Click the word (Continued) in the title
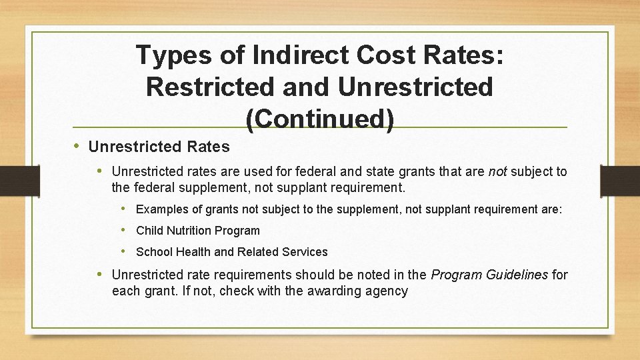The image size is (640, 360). pyautogui.click(x=320, y=119)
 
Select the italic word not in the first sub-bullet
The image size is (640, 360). pyautogui.click(x=497, y=172)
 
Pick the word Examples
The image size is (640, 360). pyautogui.click(x=162, y=209)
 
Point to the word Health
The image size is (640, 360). pyautogui.click(x=192, y=252)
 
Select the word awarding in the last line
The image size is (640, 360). pyautogui.click(x=320, y=291)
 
